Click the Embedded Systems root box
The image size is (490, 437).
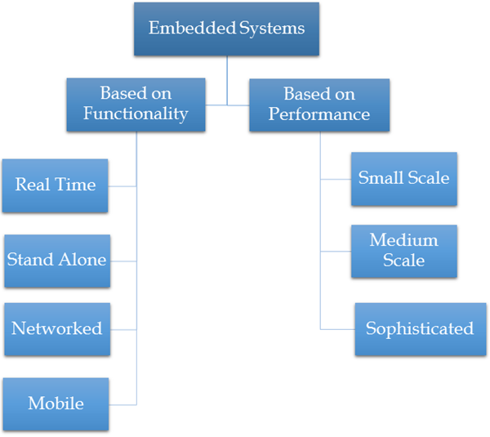tap(226, 29)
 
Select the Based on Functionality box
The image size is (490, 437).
tap(136, 105)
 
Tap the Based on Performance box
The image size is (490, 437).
tap(318, 105)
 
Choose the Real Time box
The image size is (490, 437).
tap(55, 185)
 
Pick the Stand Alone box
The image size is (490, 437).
tap(56, 261)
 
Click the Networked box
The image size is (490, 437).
tap(56, 329)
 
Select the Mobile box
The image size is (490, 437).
tap(56, 404)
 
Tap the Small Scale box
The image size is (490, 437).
tap(403, 178)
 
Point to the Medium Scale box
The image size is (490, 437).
tap(403, 251)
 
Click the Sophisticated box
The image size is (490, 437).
tap(420, 329)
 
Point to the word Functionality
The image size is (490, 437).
tap(136, 114)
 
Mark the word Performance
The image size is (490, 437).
tap(318, 114)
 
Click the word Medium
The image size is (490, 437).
tap(403, 241)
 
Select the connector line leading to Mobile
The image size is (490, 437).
tap(122, 404)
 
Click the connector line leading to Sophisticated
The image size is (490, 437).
tap(337, 329)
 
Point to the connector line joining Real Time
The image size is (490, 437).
tap(122, 185)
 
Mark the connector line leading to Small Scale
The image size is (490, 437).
tap(336, 178)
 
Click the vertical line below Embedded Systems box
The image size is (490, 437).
tap(227, 82)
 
